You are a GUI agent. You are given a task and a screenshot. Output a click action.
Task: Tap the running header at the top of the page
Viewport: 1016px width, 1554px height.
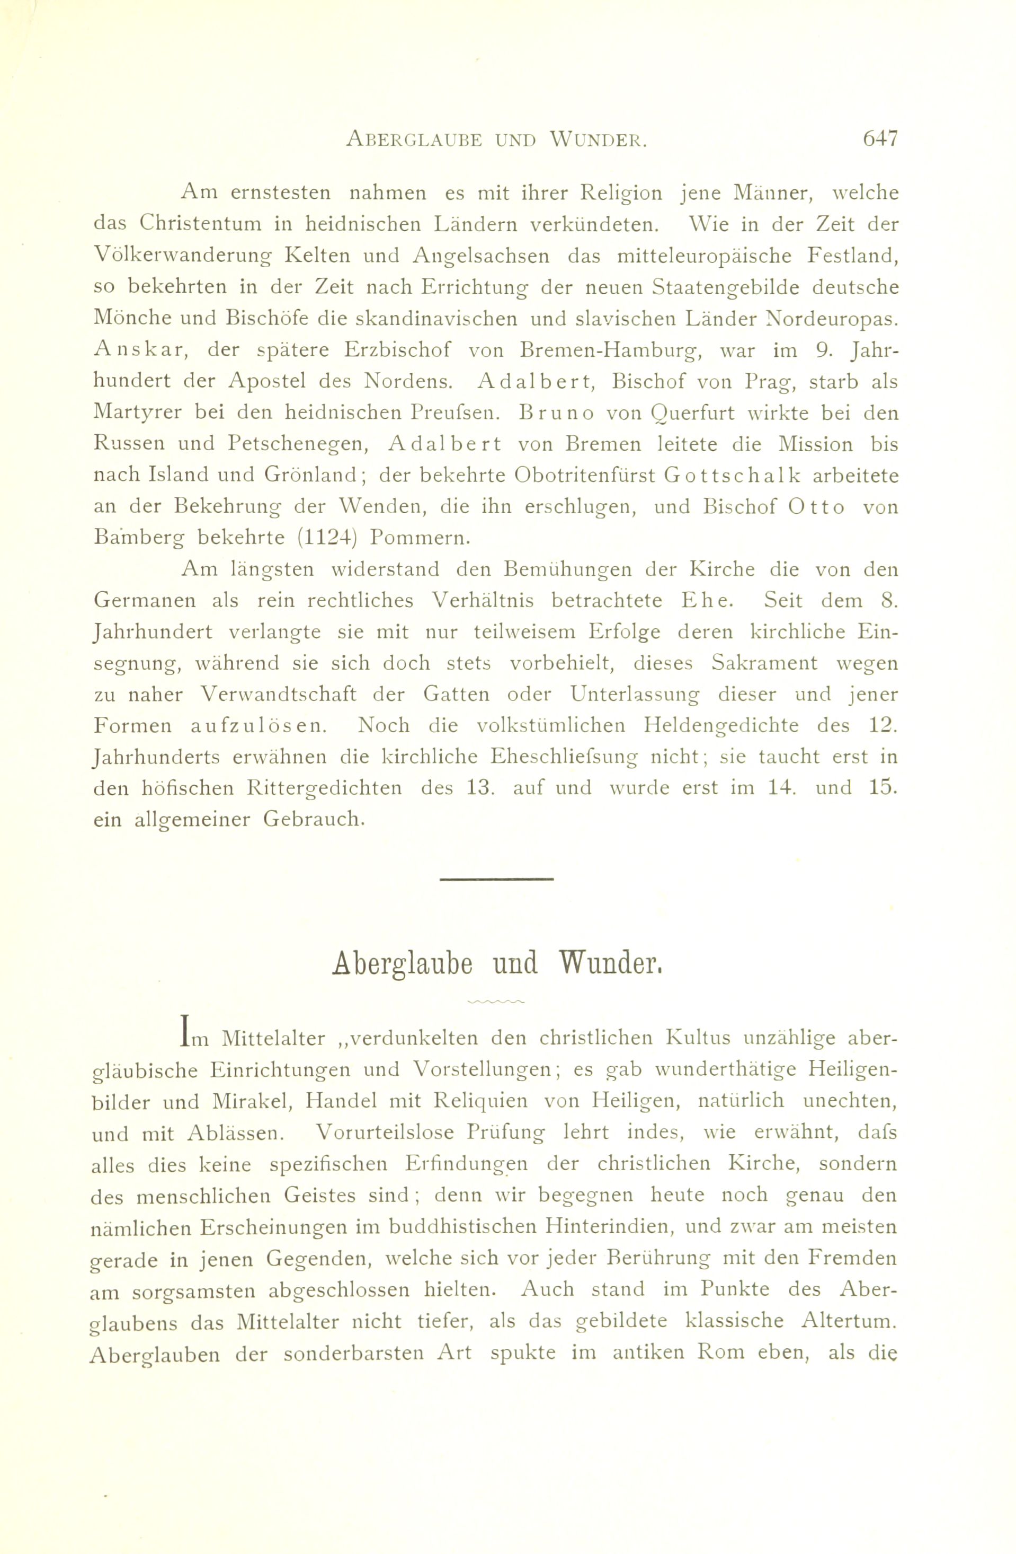[x=496, y=140]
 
